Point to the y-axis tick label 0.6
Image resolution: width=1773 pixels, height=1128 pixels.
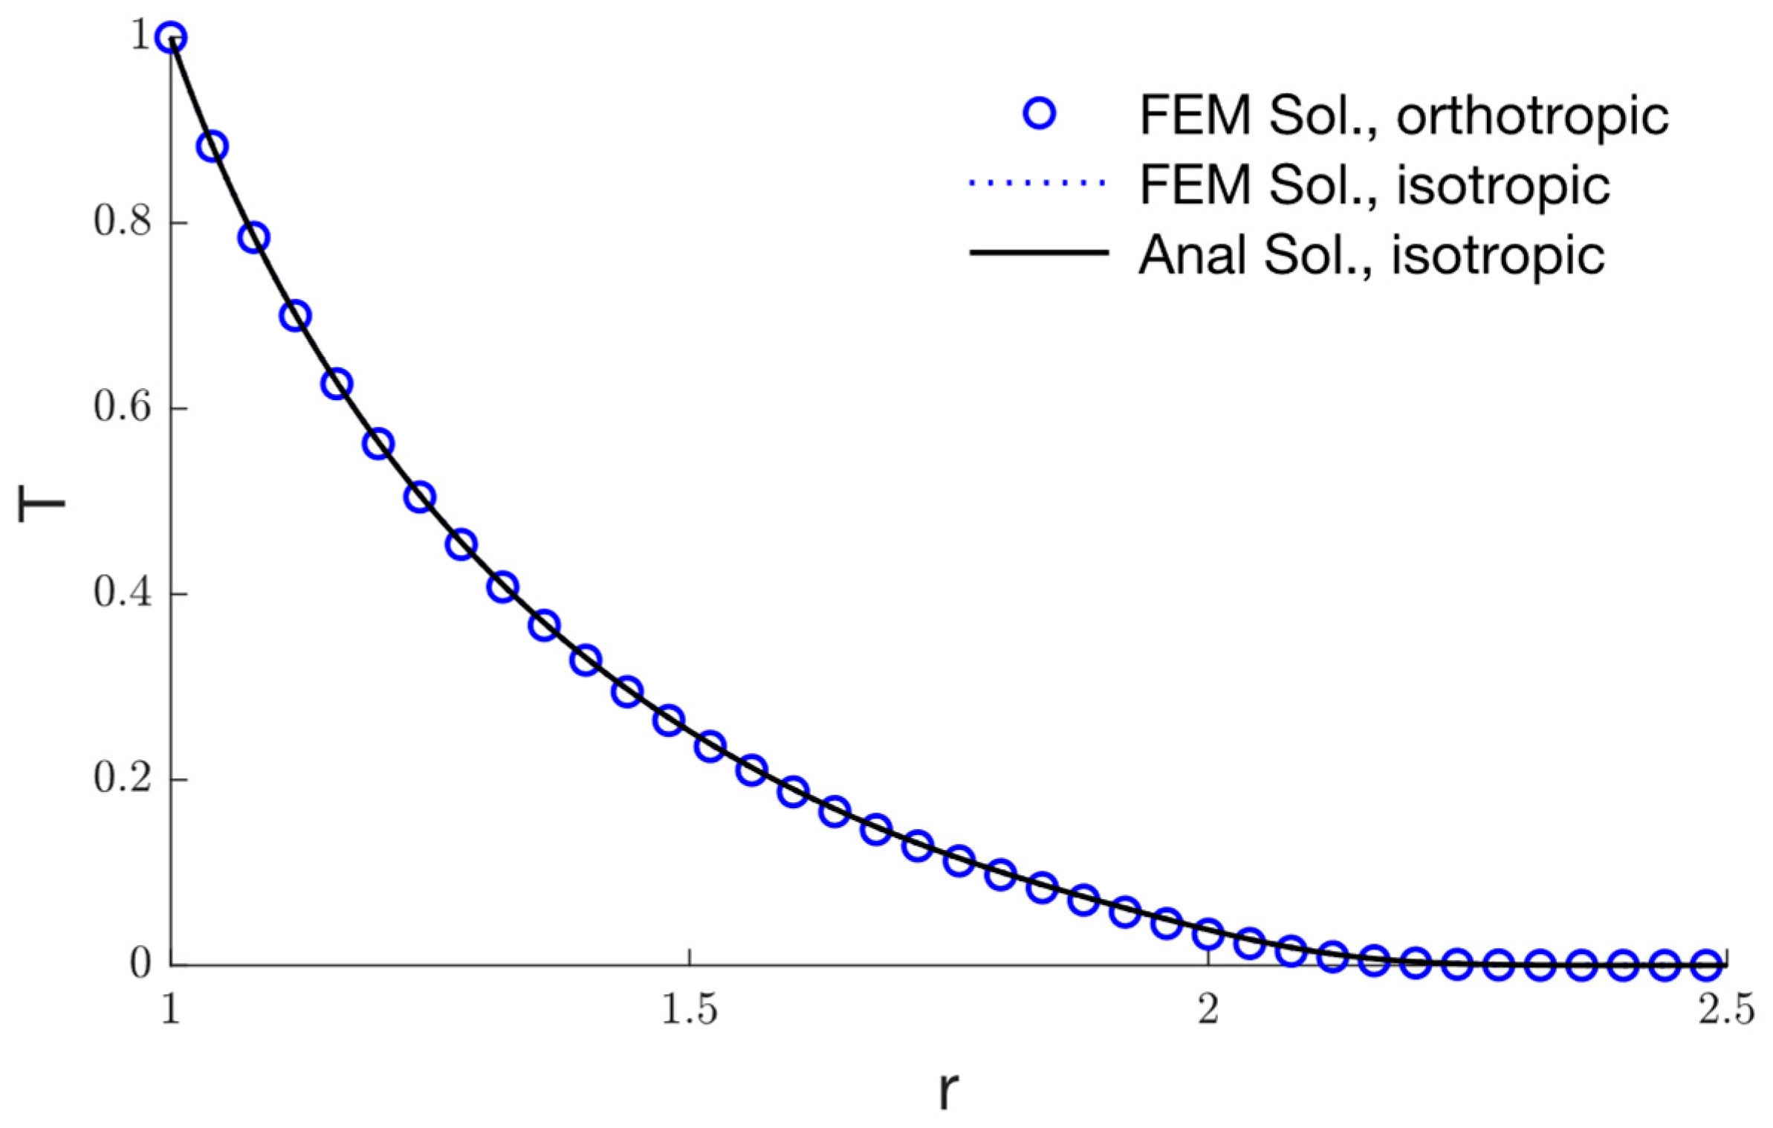(x=122, y=407)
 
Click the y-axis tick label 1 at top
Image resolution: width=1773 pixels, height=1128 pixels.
(x=140, y=36)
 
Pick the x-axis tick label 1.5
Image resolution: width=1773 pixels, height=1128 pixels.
(x=689, y=1011)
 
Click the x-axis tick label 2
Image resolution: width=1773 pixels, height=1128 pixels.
(x=1208, y=1011)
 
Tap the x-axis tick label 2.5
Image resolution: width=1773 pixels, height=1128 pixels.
(x=1725, y=1011)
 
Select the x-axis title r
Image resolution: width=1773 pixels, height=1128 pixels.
(x=947, y=1091)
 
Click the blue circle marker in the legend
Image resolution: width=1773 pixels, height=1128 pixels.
(x=1039, y=114)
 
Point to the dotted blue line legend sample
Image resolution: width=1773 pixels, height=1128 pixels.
(x=1038, y=183)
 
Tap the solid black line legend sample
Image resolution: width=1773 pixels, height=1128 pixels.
(x=1038, y=253)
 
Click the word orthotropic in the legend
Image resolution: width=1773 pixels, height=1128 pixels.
(x=1532, y=115)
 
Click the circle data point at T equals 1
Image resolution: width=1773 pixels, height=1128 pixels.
(x=171, y=36)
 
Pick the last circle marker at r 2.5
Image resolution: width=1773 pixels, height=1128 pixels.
(x=1707, y=964)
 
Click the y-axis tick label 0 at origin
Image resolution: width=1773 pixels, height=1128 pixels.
(x=140, y=964)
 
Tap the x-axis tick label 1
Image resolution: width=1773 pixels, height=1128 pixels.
(x=171, y=1011)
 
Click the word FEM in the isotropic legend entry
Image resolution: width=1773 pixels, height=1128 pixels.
(x=1194, y=184)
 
